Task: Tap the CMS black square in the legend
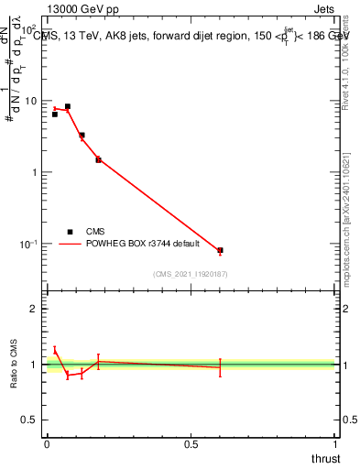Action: (x=70, y=232)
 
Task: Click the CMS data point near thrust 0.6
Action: (x=220, y=250)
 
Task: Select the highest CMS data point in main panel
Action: (x=68, y=106)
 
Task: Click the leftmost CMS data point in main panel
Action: (x=55, y=115)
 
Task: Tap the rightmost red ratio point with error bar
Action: (x=220, y=367)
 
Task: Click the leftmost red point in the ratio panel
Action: (x=55, y=349)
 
